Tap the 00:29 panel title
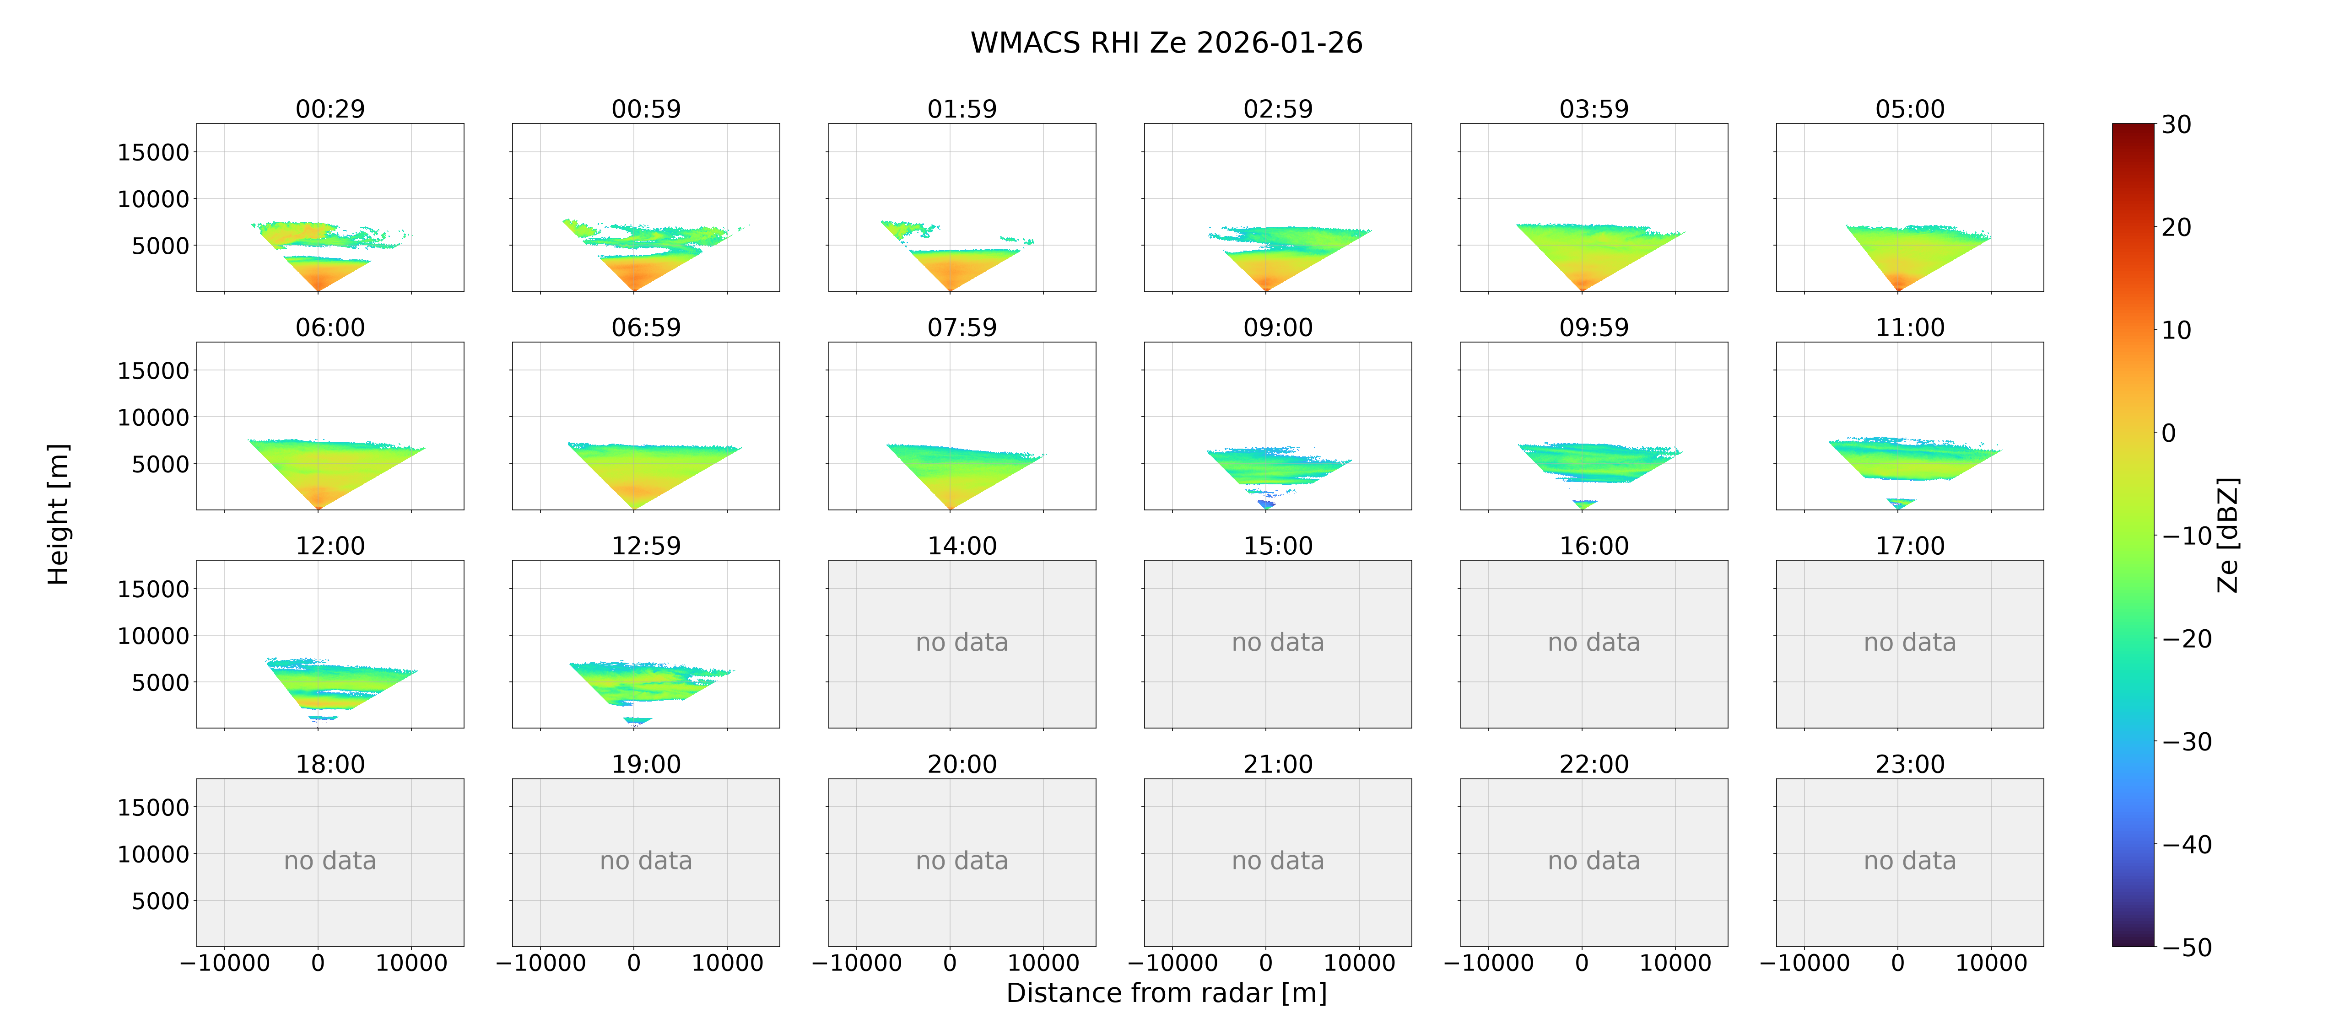coord(330,110)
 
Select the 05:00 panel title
coord(1910,110)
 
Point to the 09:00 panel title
coord(1278,328)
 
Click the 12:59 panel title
coord(646,546)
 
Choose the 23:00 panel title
coord(1910,765)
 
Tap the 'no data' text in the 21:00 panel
coord(1278,862)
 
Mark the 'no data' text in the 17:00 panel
coord(1910,643)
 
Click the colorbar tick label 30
coord(2177,125)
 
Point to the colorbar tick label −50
coord(2187,948)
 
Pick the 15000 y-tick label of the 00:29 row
coord(153,152)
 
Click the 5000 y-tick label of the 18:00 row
coord(160,901)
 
